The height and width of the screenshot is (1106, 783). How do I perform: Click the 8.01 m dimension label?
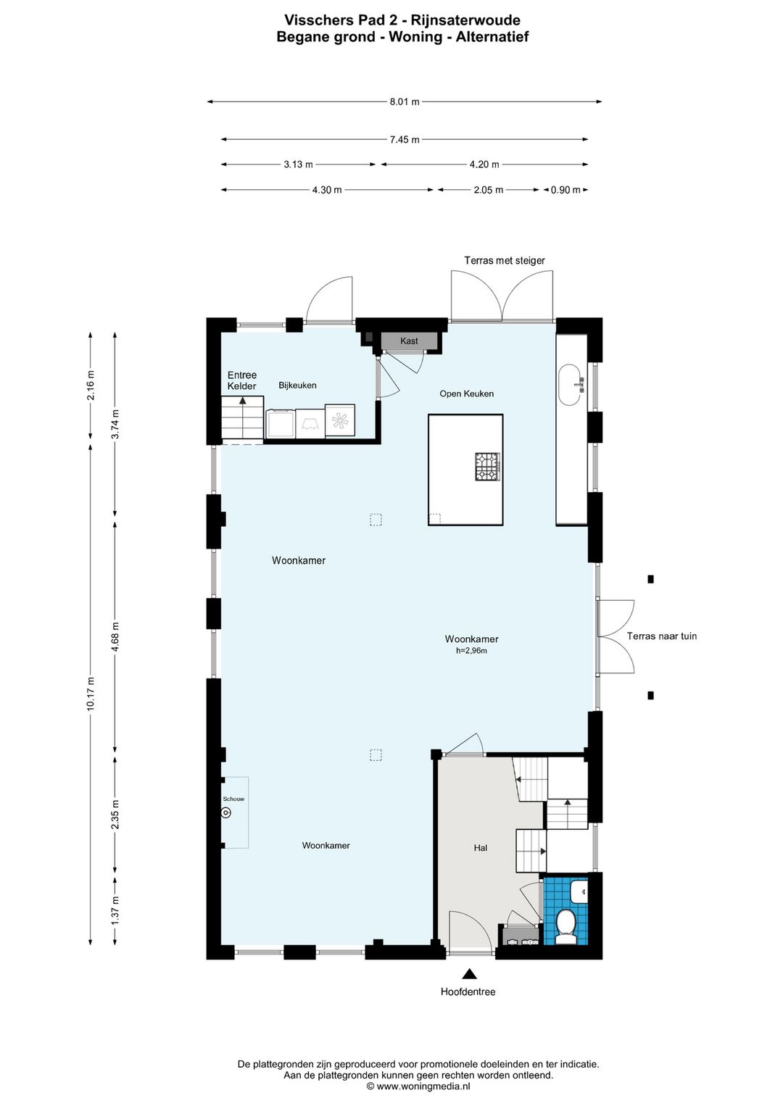405,102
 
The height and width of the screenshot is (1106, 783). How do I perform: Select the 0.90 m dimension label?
565,190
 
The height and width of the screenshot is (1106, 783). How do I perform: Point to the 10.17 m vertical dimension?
91,694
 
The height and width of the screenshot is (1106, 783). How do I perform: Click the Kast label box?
409,341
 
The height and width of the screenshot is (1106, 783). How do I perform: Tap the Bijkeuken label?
297,386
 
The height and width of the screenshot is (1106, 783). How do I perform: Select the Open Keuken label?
466,394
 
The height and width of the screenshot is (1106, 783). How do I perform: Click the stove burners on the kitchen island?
487,467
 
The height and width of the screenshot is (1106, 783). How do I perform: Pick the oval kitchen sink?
569,385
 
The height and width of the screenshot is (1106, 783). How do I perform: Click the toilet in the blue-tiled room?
565,927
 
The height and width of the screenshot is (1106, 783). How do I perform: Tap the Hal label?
481,848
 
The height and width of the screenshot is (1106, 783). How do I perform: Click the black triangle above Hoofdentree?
469,974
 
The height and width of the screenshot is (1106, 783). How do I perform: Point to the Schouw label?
233,799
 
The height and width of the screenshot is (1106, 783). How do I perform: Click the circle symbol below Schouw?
226,813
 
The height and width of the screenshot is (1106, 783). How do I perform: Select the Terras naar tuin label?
661,636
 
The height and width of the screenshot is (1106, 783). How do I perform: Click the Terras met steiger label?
505,261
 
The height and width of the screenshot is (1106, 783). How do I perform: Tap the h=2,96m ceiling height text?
471,651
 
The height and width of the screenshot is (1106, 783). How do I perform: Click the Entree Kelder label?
242,381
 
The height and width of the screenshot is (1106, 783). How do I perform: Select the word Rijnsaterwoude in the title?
465,20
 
